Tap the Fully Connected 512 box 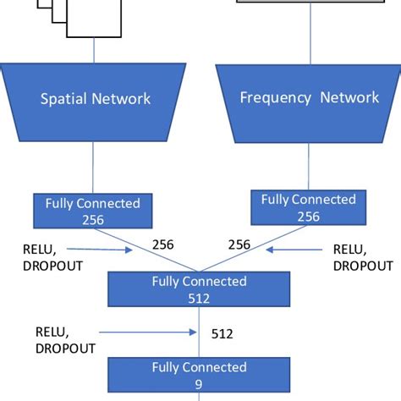[199, 289]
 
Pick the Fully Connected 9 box [199, 375]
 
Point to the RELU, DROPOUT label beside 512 [65, 339]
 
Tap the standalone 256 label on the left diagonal [163, 244]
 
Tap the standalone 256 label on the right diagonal [239, 244]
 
